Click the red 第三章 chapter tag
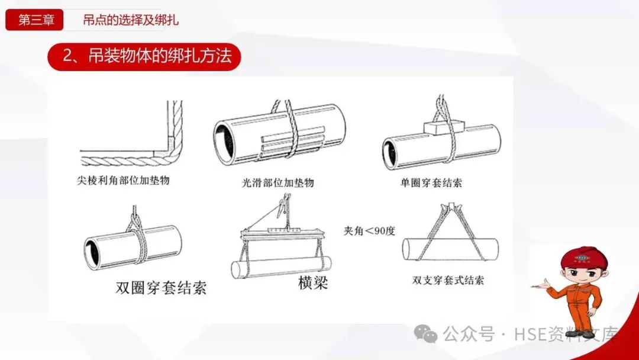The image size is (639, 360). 34,20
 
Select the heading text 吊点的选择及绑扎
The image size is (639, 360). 131,20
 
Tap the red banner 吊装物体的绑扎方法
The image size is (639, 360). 144,56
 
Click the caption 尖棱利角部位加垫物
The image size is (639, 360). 123,180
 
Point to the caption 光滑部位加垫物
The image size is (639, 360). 278,182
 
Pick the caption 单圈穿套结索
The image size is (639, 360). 431,182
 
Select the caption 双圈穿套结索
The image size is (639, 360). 161,288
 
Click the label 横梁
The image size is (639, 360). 313,282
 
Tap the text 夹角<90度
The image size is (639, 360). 369,231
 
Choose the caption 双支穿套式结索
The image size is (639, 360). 448,280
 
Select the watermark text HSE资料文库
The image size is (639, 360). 566,335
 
